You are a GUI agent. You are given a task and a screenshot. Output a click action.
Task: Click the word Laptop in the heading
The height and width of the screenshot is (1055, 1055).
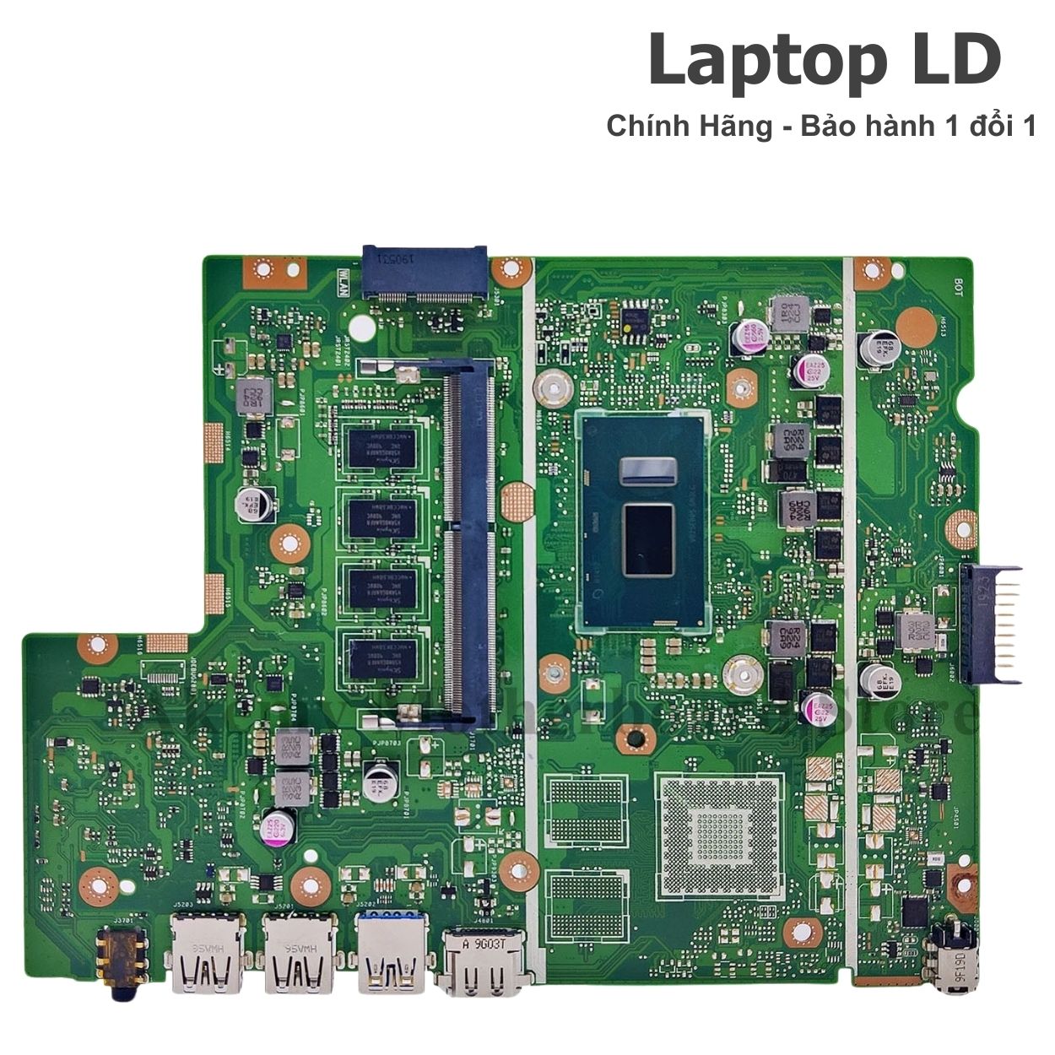(x=753, y=62)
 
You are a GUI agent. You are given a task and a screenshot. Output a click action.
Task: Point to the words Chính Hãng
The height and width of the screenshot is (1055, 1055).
(x=689, y=127)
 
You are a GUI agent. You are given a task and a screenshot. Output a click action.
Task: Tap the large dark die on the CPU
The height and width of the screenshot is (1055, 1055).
(x=647, y=539)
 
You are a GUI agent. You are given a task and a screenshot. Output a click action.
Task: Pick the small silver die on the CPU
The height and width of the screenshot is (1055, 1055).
(x=647, y=470)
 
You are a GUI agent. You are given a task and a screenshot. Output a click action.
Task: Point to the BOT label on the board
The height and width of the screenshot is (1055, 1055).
(x=959, y=286)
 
